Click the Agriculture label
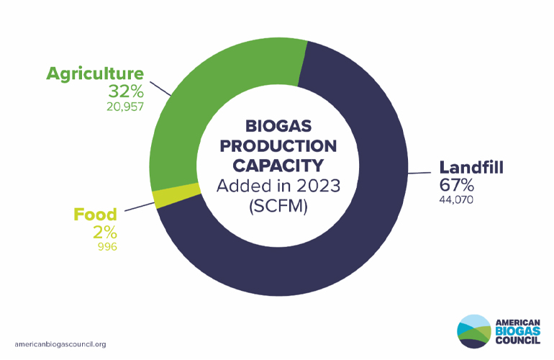click(x=96, y=73)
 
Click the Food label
click(x=96, y=215)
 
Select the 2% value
click(x=105, y=233)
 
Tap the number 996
click(x=107, y=247)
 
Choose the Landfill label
click(x=471, y=168)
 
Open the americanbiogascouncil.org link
click(x=60, y=344)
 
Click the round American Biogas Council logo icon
click(x=473, y=331)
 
